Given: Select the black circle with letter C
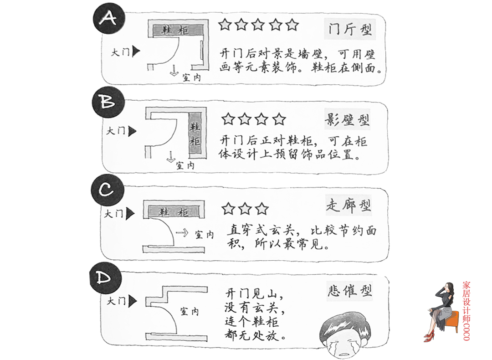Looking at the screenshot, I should (107, 190).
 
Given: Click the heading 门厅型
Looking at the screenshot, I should (350, 30).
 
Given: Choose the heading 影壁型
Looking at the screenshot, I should (347, 120).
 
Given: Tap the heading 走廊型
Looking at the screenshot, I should (348, 206).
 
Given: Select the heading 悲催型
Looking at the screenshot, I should (349, 290).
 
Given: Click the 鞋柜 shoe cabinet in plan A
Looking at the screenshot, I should (177, 30).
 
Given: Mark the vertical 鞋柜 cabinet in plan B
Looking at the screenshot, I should (195, 134).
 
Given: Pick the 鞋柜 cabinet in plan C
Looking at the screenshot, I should (173, 212).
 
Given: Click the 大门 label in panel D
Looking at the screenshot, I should (116, 301).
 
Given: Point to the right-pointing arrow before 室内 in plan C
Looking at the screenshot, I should (182, 233).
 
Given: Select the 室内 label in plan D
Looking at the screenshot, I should (190, 312).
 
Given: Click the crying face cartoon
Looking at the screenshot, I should (344, 336).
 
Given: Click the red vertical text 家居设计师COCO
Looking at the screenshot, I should (466, 310).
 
